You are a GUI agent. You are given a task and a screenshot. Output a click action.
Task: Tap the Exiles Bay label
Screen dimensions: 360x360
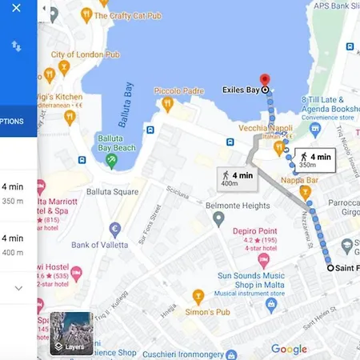click(x=241, y=90)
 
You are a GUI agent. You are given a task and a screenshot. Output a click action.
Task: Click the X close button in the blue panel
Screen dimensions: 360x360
click(x=16, y=9)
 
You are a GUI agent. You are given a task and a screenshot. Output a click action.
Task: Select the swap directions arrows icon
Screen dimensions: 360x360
click(x=16, y=47)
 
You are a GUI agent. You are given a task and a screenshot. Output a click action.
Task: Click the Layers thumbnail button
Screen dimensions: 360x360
click(x=71, y=332)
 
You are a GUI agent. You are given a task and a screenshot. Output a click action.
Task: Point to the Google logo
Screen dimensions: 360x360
click(x=289, y=349)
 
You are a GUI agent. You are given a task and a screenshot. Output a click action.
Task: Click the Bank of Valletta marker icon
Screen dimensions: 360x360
click(x=114, y=230)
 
